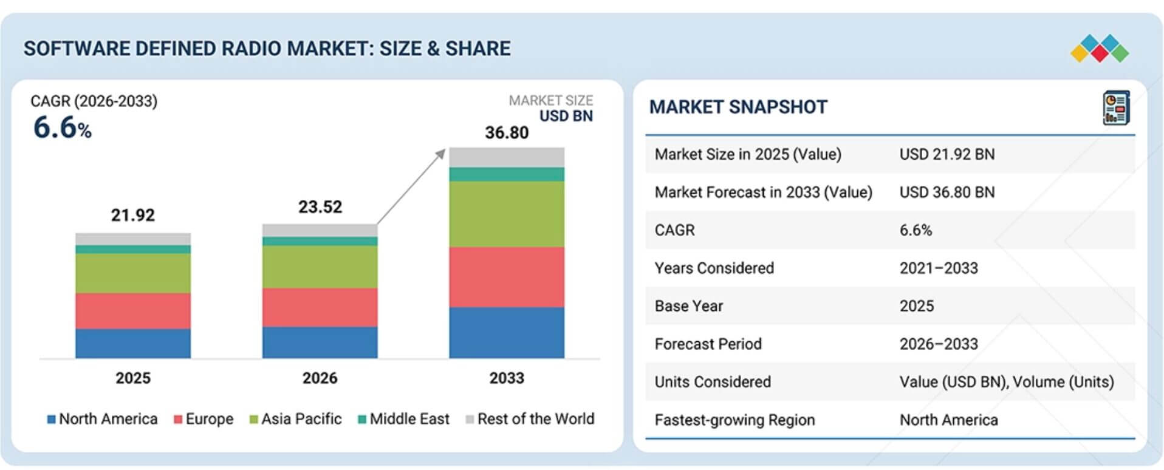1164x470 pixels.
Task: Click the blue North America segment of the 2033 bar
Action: tap(507, 332)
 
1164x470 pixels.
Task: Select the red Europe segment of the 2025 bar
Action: tap(133, 311)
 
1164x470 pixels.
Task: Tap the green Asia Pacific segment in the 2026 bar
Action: tap(320, 267)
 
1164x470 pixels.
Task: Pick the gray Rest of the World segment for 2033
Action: tap(507, 157)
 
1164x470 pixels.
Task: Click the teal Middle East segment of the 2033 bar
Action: tap(507, 174)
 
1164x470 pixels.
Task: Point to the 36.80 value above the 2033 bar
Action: tap(507, 132)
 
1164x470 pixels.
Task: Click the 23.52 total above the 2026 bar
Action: tap(320, 207)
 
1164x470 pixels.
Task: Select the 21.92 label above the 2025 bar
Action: tap(133, 215)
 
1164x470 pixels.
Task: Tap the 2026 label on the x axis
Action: tap(320, 378)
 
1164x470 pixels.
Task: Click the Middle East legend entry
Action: tap(404, 419)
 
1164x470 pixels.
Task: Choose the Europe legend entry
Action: tap(204, 419)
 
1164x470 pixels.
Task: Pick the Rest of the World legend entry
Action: tap(530, 419)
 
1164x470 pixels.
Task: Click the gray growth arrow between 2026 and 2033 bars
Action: tap(411, 187)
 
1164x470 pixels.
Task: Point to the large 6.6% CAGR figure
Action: tap(63, 128)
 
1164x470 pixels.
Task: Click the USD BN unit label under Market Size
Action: tap(566, 116)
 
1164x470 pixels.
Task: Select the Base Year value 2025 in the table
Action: tap(917, 306)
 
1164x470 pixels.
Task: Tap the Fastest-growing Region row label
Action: tap(734, 420)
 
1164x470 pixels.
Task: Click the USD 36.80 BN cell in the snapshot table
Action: tap(947, 192)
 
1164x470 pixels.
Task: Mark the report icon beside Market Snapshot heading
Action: tap(1117, 108)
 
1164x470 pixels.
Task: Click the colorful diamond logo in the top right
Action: tap(1100, 49)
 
